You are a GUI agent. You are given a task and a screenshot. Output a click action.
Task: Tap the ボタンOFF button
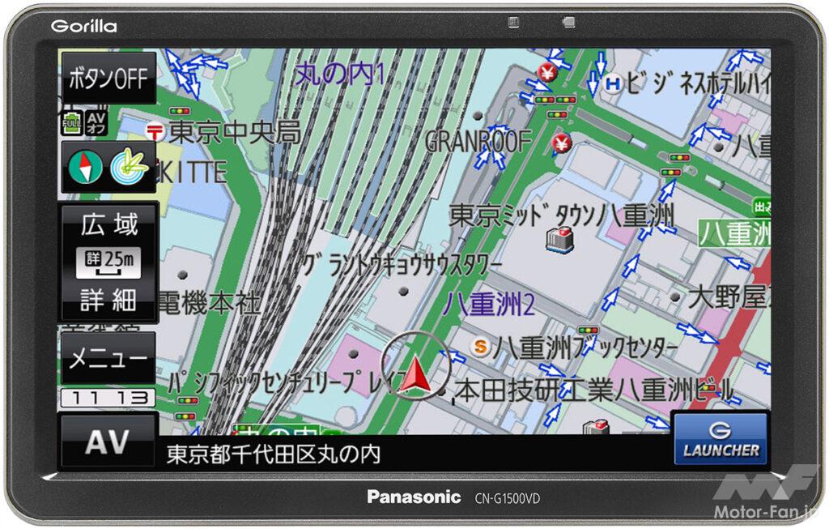coord(108,78)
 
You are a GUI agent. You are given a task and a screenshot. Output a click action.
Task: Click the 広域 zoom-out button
coord(109,224)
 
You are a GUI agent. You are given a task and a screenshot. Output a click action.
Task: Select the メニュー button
coord(108,358)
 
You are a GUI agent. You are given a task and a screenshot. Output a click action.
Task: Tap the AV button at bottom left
coord(108,442)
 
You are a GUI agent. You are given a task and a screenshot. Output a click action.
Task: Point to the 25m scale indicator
coord(108,261)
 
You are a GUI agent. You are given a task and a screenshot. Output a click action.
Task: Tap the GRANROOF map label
coord(478,141)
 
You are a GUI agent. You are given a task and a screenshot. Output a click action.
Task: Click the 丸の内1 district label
coord(339,75)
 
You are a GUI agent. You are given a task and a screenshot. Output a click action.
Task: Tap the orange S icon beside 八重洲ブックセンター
coord(481,347)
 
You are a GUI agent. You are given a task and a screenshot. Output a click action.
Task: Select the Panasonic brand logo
coord(414,497)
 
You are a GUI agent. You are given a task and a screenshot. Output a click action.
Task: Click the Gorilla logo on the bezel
coord(83,26)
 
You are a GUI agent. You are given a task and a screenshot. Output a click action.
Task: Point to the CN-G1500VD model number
coord(507,498)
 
